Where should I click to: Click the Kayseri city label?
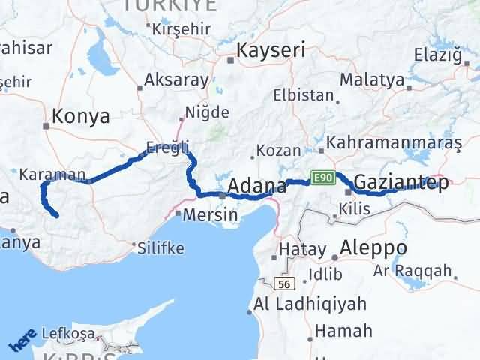point(271,50)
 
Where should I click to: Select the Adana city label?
point(257,185)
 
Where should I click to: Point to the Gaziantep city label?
point(401,182)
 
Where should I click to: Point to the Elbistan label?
point(303,96)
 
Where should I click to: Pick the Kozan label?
point(278,150)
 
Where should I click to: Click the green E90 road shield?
point(321,178)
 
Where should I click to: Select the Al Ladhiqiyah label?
point(310,304)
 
